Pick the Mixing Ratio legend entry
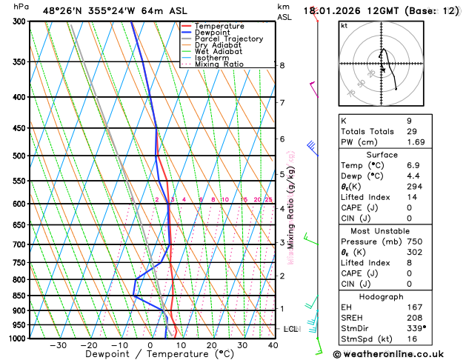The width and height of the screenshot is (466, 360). point(220,64)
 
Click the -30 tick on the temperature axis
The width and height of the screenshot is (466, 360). point(59,345)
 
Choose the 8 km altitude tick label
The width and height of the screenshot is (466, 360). point(282,65)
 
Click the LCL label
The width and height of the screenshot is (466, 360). point(290,328)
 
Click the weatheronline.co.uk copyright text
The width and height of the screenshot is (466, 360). point(398,353)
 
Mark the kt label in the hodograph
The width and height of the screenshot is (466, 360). point(344,26)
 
